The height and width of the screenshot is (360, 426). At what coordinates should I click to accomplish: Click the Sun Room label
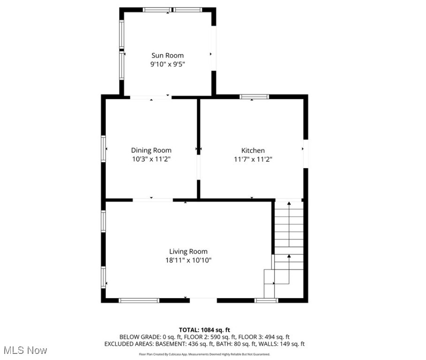click(x=167, y=55)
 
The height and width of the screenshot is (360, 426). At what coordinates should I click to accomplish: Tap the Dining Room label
click(x=151, y=150)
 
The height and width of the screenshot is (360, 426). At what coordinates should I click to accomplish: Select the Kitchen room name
click(x=253, y=150)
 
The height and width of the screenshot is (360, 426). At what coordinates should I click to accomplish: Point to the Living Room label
click(x=188, y=252)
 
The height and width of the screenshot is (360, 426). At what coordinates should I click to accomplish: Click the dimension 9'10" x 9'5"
click(x=167, y=65)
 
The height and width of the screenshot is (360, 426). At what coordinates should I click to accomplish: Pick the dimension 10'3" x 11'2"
click(x=151, y=159)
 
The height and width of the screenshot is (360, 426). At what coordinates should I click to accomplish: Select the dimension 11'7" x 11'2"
click(x=253, y=159)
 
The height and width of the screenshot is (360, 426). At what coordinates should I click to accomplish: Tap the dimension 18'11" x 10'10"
click(x=188, y=261)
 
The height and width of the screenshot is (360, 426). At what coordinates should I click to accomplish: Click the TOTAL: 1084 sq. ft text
click(x=205, y=330)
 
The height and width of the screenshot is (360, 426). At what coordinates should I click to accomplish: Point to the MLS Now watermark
click(x=25, y=350)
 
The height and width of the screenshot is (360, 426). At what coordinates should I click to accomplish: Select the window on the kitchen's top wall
click(x=254, y=97)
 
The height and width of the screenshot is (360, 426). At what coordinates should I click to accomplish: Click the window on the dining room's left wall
click(x=103, y=149)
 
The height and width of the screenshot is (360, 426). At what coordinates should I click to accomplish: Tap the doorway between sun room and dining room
click(x=150, y=97)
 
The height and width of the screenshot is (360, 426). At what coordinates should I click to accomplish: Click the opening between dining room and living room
click(x=152, y=200)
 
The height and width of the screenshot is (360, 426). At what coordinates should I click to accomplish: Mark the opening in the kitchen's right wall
click(x=306, y=153)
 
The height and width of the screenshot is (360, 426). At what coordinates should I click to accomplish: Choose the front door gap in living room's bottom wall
click(x=203, y=300)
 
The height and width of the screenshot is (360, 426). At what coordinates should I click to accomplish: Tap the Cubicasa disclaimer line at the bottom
click(x=205, y=354)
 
